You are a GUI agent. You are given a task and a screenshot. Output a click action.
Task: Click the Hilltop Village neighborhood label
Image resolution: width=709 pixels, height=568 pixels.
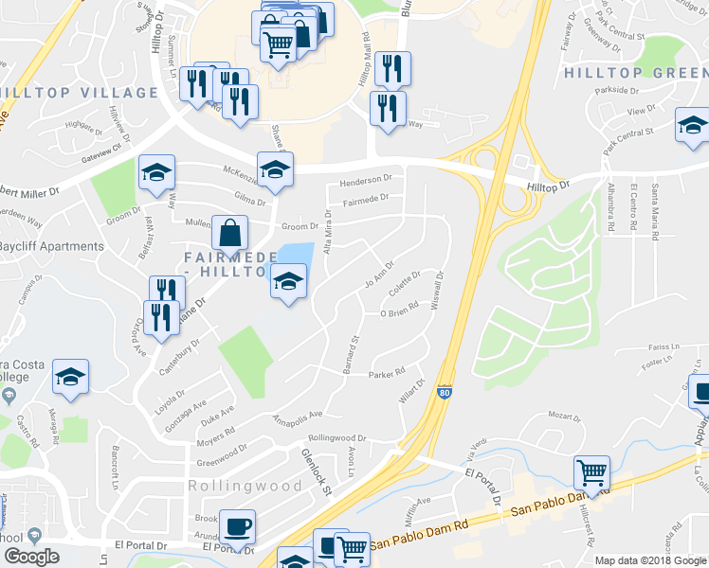point(80,93)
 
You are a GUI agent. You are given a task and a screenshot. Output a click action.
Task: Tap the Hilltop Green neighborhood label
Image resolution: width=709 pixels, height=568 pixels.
point(636,72)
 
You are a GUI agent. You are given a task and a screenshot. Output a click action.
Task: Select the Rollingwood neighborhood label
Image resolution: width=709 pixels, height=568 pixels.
point(245,486)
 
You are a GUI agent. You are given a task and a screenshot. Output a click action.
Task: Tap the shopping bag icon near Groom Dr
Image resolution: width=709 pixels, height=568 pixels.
point(229,231)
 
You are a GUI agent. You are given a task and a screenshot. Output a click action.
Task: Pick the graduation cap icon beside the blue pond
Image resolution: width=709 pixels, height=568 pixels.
point(289,280)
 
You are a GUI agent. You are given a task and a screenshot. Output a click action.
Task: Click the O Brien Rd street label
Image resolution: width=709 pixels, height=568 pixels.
point(399,313)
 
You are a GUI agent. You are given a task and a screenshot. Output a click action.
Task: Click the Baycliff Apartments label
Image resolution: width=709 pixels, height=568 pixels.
point(51,246)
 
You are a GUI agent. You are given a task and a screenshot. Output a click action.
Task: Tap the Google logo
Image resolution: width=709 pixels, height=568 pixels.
point(31,557)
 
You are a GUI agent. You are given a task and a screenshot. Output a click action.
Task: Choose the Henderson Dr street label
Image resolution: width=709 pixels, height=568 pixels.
point(366,180)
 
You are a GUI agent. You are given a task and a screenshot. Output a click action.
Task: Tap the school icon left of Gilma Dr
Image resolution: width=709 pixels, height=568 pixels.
point(156,171)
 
